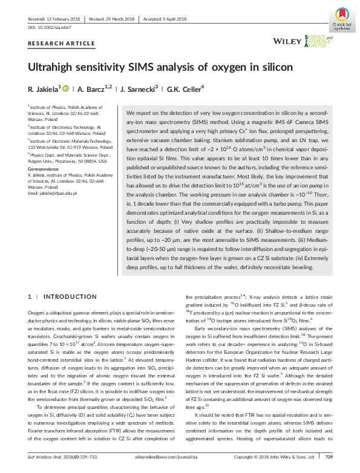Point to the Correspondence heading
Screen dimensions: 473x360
click(x=44, y=169)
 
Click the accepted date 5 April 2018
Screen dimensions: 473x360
click(x=162, y=18)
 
